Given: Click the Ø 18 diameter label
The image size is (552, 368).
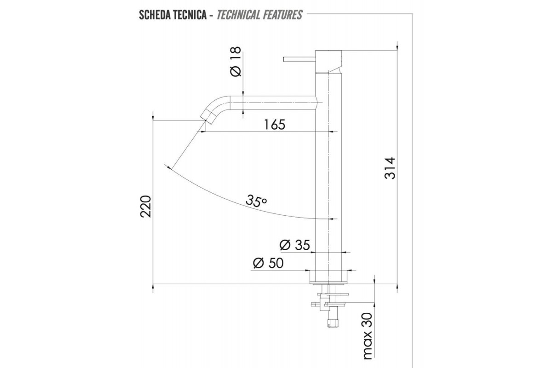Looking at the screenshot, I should [236, 62].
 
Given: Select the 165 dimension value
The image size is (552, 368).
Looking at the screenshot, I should [275, 125].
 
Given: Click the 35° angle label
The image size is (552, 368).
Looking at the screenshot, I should [256, 201].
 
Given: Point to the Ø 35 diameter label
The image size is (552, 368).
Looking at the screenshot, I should [295, 245].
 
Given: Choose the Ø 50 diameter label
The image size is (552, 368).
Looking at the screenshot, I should [268, 263].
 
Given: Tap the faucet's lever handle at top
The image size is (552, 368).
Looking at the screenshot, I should [299, 59].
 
